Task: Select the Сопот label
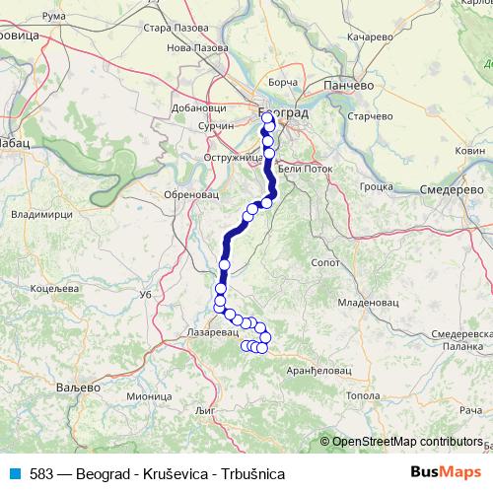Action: [x=325, y=263]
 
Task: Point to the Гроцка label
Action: [x=377, y=184]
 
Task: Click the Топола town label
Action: [x=363, y=395]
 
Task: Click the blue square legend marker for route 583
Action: [x=16, y=473]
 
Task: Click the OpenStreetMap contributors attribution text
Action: [x=407, y=442]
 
